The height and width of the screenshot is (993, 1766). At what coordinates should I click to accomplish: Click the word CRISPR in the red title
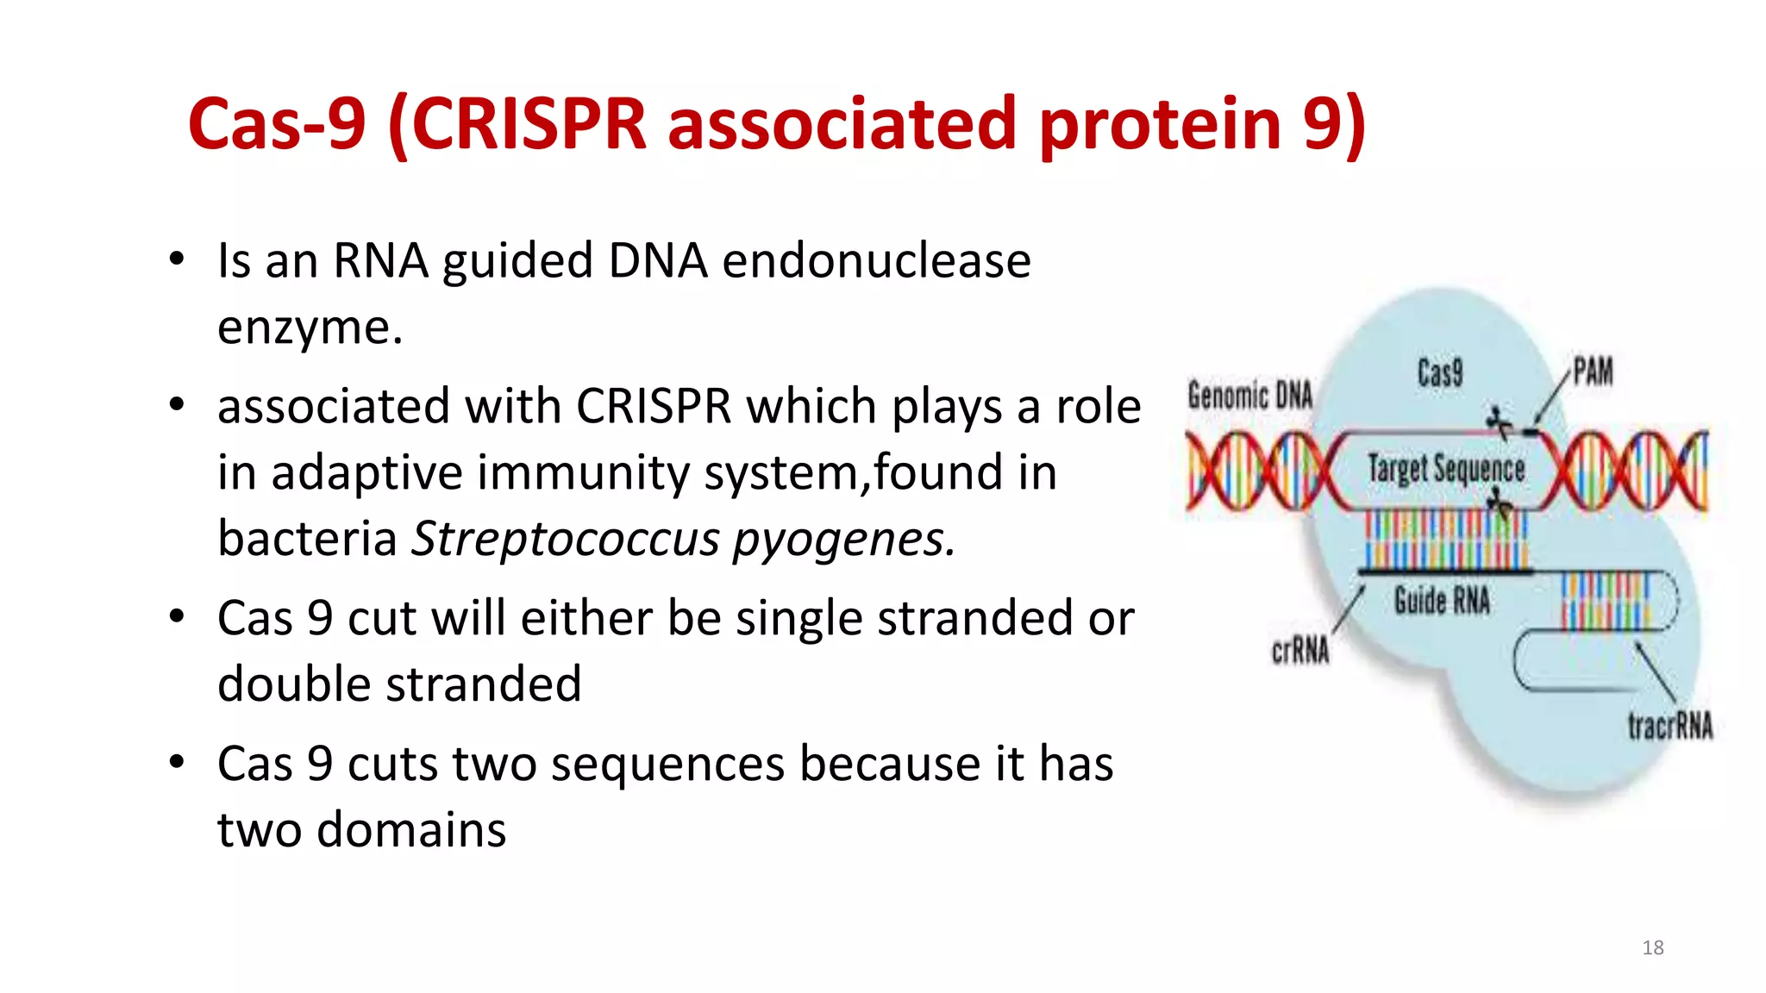coord(529,123)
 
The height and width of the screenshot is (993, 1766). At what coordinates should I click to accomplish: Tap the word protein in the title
coord(1160,123)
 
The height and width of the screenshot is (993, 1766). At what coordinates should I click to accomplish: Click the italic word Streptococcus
coord(565,539)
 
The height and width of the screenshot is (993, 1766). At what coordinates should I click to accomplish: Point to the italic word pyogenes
coord(843,540)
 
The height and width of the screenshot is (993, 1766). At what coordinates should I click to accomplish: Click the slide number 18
coord(1652,947)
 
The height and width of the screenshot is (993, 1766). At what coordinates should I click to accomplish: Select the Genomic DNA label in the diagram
coord(1249,395)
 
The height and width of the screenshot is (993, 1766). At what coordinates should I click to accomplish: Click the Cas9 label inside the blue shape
coord(1439,372)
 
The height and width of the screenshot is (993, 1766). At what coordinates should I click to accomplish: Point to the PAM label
coord(1592,372)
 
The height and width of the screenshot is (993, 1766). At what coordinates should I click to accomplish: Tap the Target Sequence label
coord(1446,469)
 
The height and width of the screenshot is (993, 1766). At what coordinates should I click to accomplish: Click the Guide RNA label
coord(1442,600)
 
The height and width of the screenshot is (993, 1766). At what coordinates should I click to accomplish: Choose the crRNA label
coord(1300,651)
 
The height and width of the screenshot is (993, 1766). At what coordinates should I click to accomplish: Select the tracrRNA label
coord(1669,726)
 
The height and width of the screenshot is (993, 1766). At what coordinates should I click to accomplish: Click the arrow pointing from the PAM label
coord(1550,401)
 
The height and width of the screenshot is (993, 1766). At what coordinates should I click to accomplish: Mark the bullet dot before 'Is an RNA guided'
coord(177,259)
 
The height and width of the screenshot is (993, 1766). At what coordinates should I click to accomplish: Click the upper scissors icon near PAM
coord(1499,421)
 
